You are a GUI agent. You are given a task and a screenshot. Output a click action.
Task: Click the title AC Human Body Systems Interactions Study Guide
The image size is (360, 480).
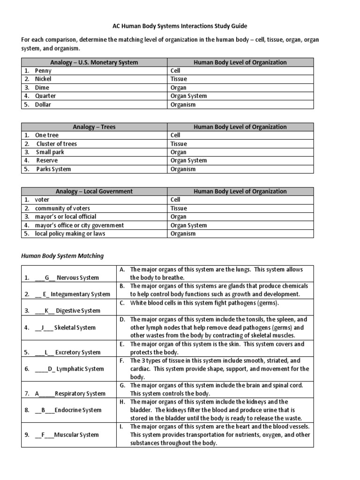coord(180,26)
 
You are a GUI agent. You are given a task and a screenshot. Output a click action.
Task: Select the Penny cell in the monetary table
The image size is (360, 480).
coord(43,71)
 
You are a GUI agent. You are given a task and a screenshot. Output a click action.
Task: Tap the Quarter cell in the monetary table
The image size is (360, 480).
coord(45,96)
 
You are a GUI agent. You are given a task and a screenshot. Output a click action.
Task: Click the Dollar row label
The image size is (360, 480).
coord(43,105)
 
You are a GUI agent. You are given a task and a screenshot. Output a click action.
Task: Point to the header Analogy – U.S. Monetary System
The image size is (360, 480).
coord(94,62)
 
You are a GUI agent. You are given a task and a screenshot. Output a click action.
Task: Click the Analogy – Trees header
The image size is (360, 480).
coord(94,127)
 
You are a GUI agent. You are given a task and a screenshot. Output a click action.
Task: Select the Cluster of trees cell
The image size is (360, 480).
coord(57,144)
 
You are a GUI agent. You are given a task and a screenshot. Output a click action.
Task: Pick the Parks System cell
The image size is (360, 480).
coord(54,169)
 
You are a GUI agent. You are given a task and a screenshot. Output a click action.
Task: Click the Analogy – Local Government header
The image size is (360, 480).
coord(94,191)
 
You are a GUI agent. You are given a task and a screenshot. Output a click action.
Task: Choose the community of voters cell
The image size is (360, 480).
coord(62,208)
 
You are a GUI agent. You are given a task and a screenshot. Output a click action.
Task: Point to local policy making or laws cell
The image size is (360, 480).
coord(70,233)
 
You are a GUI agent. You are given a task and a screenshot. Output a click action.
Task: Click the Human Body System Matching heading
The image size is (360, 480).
coord(62,256)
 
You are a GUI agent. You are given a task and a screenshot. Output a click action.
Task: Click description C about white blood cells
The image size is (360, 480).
coord(204,303)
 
